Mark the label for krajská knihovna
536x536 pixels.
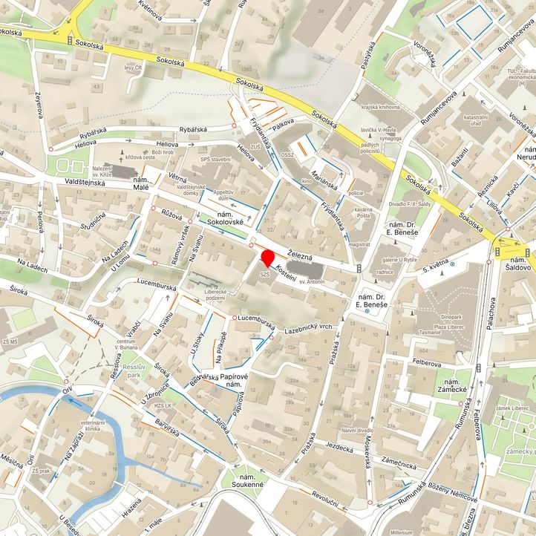(382, 107)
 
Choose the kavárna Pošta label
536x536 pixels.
(363, 214)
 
